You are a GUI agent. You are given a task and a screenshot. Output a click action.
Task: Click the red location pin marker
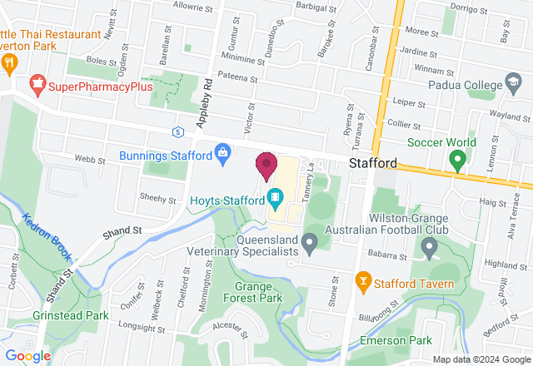[266, 165]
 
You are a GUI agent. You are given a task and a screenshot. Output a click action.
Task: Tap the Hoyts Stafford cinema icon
[275, 198]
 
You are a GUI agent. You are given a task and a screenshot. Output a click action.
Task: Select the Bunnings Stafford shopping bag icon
[222, 153]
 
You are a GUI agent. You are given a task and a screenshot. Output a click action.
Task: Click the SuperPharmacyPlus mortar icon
[37, 84]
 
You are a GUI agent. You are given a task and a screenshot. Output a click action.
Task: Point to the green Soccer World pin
[457, 159]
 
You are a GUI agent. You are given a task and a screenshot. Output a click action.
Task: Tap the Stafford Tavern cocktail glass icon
[363, 283]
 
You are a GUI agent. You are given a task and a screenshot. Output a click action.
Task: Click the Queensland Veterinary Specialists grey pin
[310, 244]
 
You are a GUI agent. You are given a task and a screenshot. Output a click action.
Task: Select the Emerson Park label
[395, 340]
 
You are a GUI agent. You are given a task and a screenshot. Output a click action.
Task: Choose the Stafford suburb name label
[373, 163]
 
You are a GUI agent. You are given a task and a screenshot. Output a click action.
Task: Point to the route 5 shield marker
[177, 131]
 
